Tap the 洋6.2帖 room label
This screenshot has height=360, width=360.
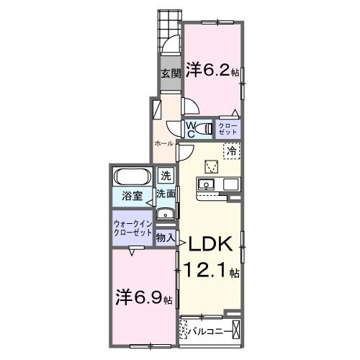(214, 70)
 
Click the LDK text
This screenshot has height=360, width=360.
(210, 246)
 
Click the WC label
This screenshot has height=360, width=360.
(192, 130)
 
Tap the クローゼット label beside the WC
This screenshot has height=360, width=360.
(227, 129)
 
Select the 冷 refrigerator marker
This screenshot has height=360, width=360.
(232, 151)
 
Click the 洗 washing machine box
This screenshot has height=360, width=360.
(166, 176)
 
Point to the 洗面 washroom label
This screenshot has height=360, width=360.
(166, 194)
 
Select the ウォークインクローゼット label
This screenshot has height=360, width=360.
(132, 229)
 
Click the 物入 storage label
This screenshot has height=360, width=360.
(166, 235)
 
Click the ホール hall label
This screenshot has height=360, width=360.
(163, 143)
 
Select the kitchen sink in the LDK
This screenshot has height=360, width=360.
(206, 185)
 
